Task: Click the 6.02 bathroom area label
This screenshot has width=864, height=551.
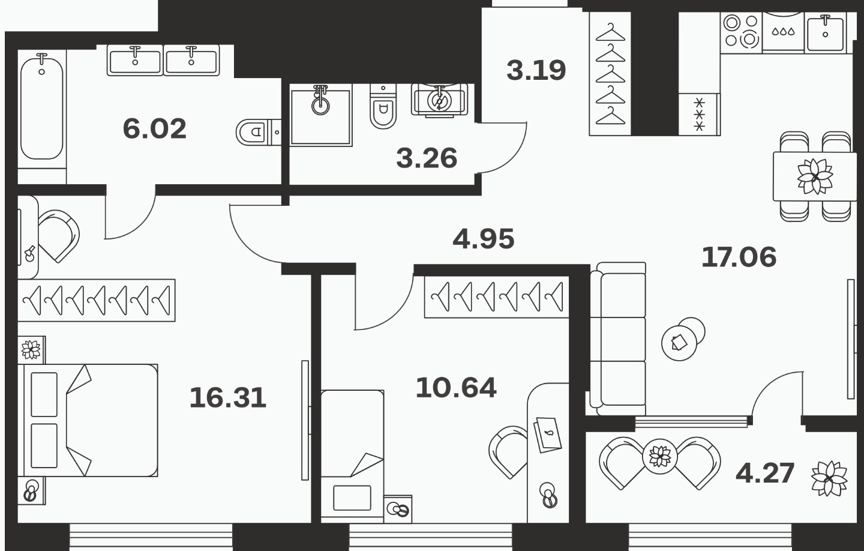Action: click(154, 128)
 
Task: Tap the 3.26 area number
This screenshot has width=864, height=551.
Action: click(427, 158)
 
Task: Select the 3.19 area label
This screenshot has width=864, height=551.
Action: click(536, 70)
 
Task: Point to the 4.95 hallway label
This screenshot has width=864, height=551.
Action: click(484, 238)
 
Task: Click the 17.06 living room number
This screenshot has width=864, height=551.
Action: click(739, 257)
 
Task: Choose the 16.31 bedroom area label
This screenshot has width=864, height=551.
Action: click(228, 398)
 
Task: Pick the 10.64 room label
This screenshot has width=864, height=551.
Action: click(456, 388)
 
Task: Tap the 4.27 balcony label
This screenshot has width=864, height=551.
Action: click(765, 473)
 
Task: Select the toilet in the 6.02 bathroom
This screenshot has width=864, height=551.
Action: click(257, 132)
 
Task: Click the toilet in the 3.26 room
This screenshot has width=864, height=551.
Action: click(383, 106)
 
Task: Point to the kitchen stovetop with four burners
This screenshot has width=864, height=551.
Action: click(741, 32)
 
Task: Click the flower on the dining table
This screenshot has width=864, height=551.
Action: click(815, 176)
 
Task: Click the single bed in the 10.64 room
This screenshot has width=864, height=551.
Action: click(352, 456)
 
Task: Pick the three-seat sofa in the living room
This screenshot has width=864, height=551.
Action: click(617, 339)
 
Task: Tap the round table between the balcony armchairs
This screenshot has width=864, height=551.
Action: click(660, 457)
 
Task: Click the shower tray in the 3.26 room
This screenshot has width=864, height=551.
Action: click(321, 117)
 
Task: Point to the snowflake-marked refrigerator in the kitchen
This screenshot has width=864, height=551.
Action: click(699, 114)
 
